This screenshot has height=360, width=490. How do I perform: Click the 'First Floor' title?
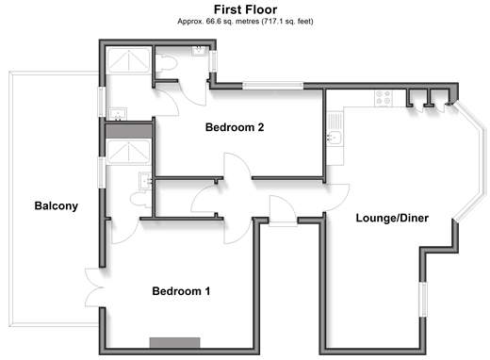[245, 9]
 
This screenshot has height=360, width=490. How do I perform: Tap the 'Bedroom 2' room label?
[235, 127]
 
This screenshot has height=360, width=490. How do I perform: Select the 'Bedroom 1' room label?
[181, 291]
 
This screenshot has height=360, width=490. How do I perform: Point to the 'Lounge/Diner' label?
[392, 218]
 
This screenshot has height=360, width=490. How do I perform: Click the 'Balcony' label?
[57, 205]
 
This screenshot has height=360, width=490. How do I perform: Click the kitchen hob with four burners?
[384, 97]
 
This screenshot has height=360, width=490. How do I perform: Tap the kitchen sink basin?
[335, 138]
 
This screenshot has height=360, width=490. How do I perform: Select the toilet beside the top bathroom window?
[167, 63]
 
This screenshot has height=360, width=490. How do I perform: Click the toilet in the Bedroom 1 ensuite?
[141, 200]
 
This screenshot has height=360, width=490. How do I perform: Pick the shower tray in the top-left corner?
[128, 60]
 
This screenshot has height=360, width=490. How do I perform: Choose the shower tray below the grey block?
[128, 152]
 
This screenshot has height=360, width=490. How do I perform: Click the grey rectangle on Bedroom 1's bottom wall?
[174, 342]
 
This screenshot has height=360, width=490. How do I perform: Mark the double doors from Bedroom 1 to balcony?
[94, 287]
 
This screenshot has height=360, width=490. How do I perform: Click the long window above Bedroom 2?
[272, 86]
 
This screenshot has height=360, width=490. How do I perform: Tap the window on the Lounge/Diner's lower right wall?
[423, 300]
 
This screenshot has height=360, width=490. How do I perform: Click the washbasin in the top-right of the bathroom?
[199, 51]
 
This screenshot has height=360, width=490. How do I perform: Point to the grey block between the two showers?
[128, 131]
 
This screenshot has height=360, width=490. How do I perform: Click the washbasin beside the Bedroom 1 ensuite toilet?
[145, 181]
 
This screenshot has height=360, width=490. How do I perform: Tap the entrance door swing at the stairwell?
[283, 210]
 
